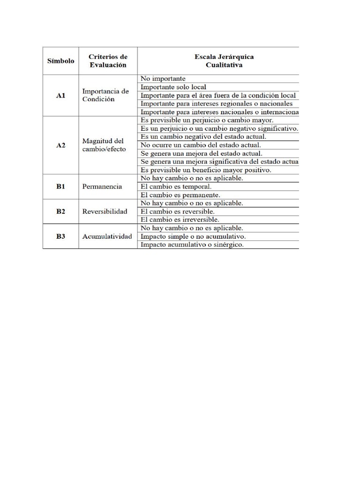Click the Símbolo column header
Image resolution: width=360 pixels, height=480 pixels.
coord(60,61)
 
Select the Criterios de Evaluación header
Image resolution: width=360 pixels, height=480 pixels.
coord(108,61)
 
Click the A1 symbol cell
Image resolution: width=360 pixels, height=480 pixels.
coord(60,95)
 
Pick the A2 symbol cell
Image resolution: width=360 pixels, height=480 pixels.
coord(60,145)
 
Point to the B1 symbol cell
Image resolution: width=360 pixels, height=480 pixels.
coord(60,186)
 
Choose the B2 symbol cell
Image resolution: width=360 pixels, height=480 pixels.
coord(60,211)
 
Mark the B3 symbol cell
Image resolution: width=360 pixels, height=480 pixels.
coord(60,236)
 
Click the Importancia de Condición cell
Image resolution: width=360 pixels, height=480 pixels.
coord(105,95)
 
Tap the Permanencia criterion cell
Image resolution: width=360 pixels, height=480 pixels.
coord(102,186)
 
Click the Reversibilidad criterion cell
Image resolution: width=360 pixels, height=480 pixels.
coord(105,211)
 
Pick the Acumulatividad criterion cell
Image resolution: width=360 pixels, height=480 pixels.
coord(107,236)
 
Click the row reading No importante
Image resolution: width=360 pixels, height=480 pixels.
coord(163,79)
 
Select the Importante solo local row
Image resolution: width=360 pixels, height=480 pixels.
coord(173,87)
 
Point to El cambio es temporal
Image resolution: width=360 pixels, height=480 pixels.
coord(176,186)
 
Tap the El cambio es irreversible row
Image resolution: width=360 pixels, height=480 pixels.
coord(180,219)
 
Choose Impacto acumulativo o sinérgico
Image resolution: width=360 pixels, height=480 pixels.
coord(192,245)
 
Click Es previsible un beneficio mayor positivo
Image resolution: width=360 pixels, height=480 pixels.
coord(206,170)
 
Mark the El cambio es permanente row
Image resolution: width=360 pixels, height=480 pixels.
coord(180,195)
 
